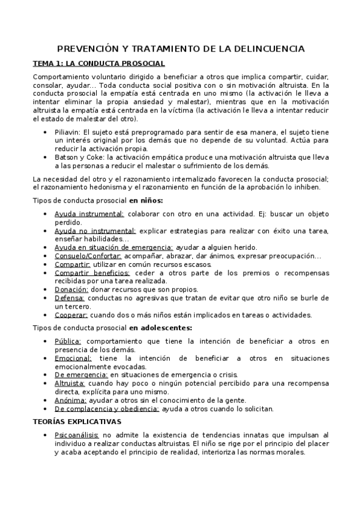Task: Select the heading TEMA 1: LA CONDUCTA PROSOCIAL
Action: (x=99, y=64)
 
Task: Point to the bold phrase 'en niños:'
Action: (x=146, y=200)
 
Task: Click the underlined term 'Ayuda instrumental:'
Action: (x=89, y=214)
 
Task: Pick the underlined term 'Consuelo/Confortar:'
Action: (x=88, y=256)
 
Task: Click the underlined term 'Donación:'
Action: (x=71, y=290)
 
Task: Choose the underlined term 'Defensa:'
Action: (x=69, y=298)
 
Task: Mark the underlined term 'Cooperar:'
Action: (x=71, y=315)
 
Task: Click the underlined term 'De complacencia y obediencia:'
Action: (x=106, y=408)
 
